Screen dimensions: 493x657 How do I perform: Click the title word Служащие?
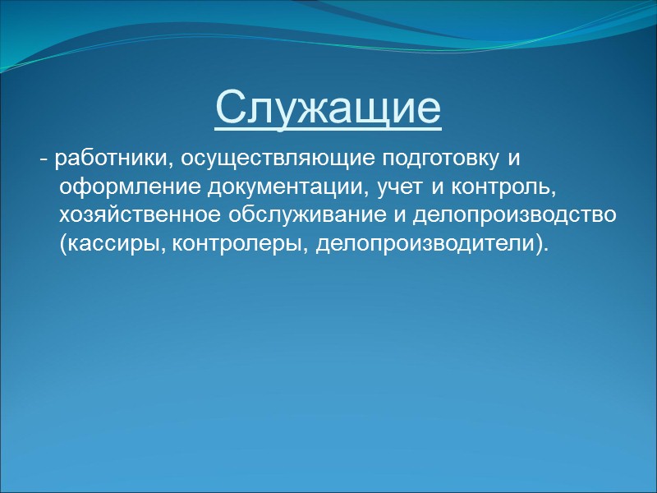328,108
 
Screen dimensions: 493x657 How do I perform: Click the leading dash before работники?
43,158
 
